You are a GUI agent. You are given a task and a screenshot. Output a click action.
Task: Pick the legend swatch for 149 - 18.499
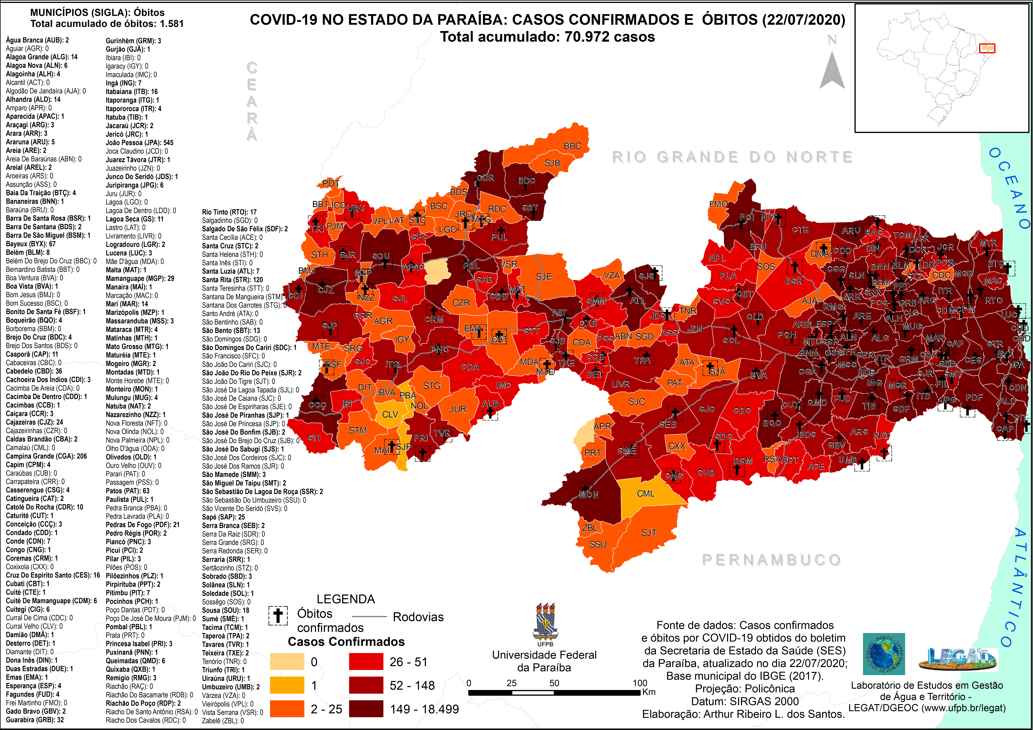click(x=366, y=709)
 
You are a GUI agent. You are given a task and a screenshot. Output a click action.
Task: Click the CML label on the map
click(x=646, y=493)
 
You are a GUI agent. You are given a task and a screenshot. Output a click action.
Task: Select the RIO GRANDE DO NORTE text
click(x=732, y=157)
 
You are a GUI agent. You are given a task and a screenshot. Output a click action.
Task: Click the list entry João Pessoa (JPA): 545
click(x=140, y=143)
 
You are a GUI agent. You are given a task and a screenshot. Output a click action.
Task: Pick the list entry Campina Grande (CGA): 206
click(x=46, y=456)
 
